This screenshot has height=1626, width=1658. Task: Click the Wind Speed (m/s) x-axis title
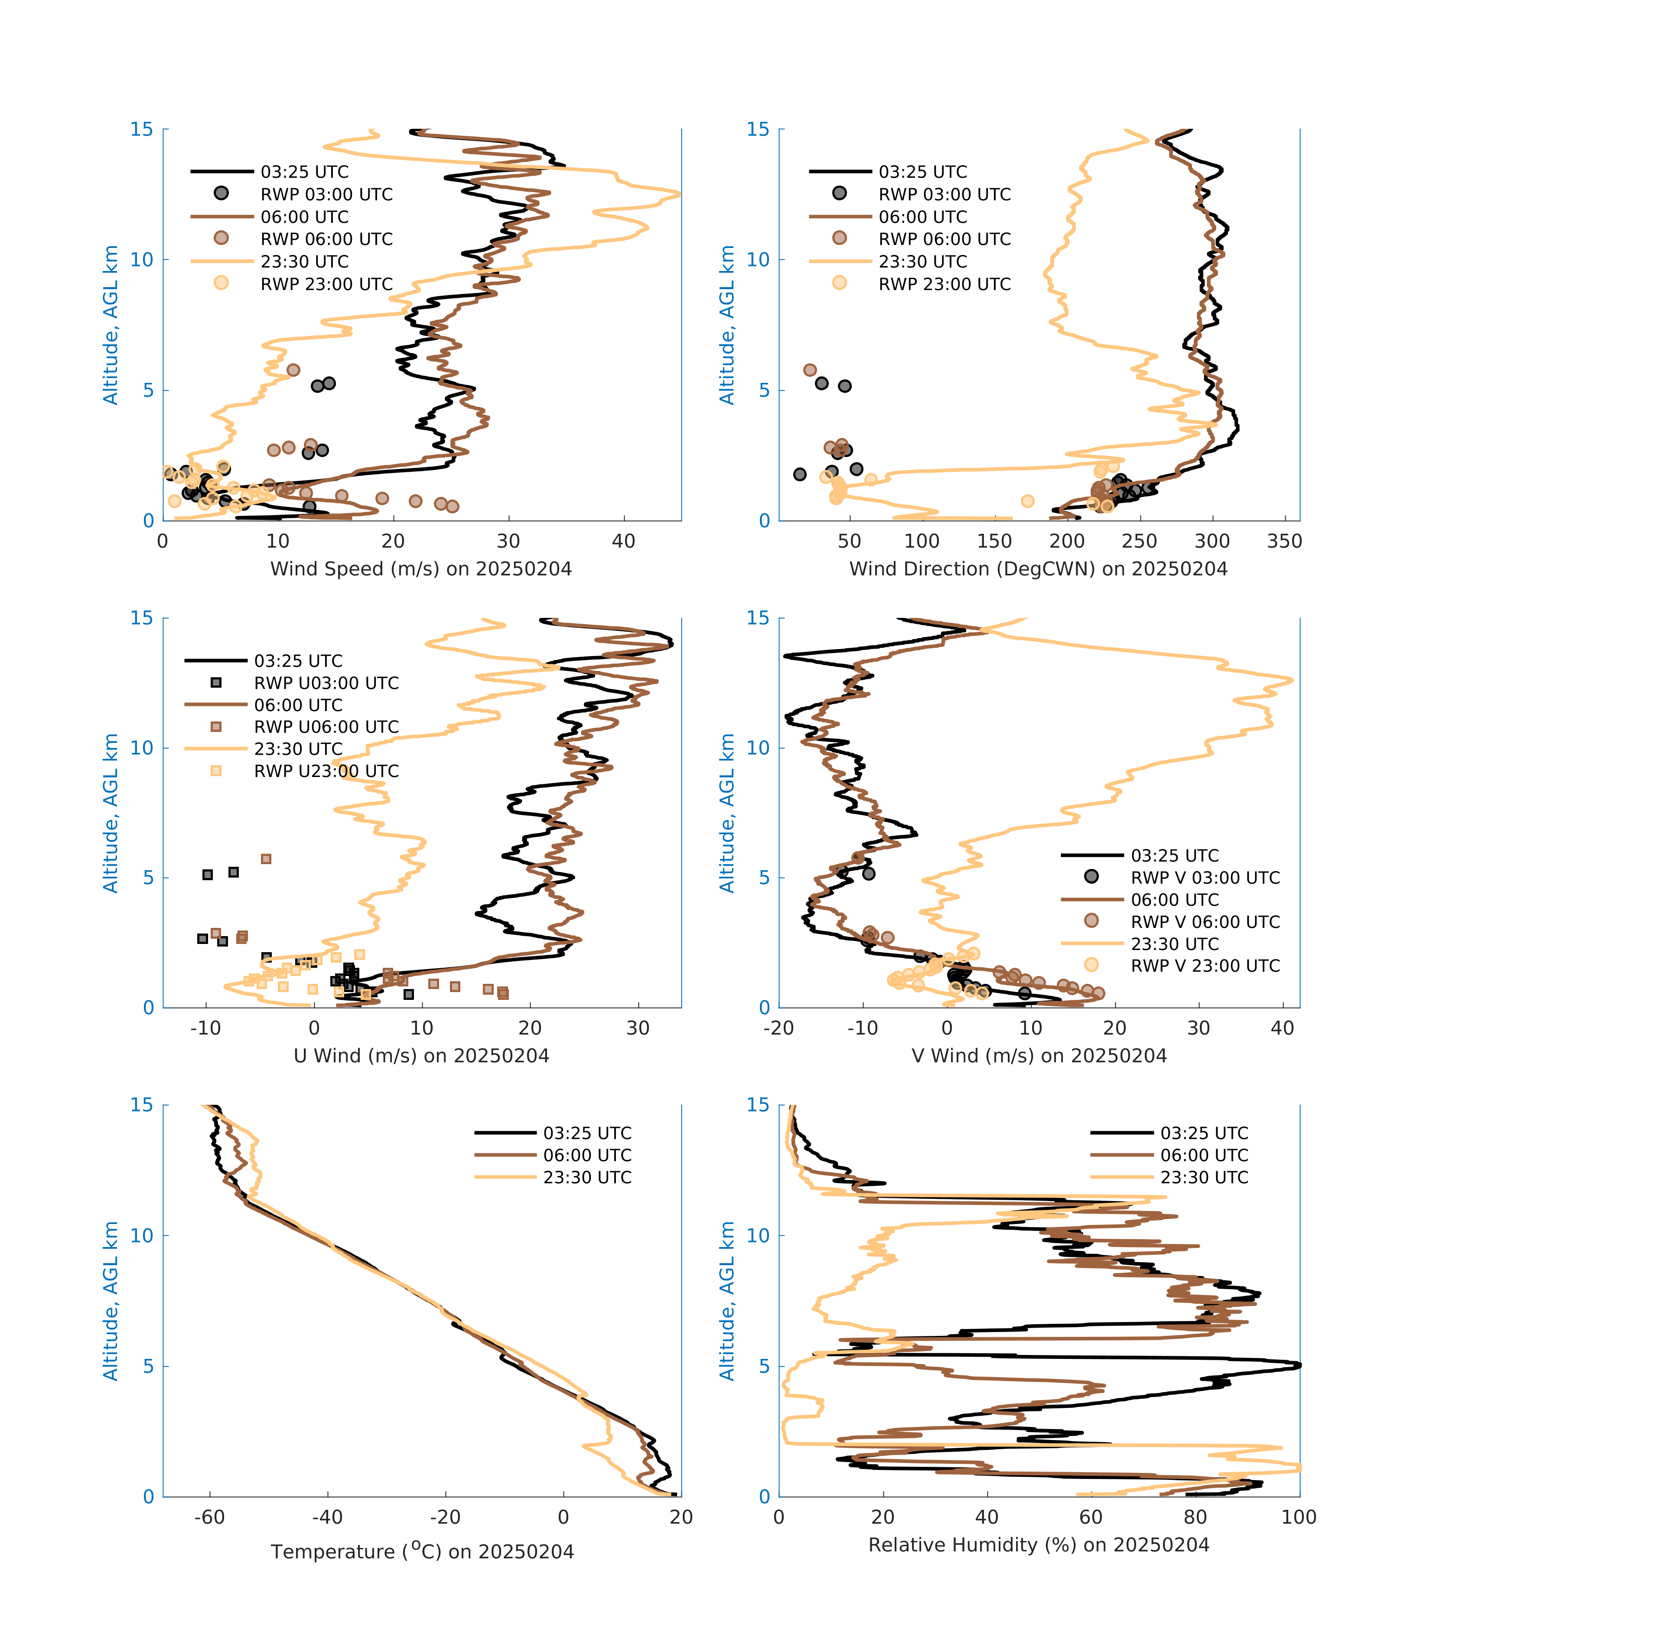[421, 569]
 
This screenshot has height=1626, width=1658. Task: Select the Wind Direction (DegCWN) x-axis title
[1038, 569]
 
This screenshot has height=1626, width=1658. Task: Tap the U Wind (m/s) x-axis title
[421, 1055]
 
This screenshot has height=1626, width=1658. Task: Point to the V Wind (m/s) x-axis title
[1038, 1055]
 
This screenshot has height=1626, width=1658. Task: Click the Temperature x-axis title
[422, 1551]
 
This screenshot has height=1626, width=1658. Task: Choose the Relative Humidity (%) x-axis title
[1038, 1544]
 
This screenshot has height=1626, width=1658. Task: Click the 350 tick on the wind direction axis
[1284, 541]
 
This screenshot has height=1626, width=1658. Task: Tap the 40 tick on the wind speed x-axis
[623, 541]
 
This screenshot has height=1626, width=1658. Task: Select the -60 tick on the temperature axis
[209, 1517]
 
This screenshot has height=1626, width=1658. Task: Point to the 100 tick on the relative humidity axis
[1299, 1517]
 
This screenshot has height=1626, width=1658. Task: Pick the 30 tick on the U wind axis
[638, 1027]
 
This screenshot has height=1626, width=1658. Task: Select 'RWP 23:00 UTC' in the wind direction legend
[944, 284]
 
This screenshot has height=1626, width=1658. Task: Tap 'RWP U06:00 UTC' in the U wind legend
[326, 727]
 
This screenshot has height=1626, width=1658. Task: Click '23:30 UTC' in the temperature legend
[587, 1177]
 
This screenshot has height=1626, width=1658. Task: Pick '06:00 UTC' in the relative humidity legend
[1204, 1155]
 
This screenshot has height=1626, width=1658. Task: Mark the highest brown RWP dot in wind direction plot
[809, 370]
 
